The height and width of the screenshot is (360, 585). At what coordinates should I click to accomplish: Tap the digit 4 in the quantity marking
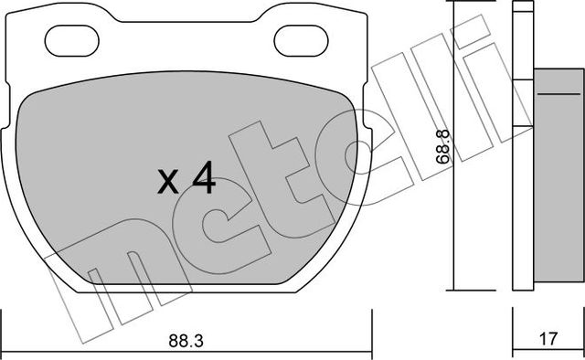[203, 178]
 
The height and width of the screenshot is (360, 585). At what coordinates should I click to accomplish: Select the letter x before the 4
[168, 183]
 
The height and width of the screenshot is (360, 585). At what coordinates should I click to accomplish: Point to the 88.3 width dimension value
[186, 341]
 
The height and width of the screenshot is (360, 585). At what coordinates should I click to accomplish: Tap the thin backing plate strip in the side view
[522, 146]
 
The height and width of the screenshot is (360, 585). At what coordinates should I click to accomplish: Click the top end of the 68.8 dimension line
[454, 5]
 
